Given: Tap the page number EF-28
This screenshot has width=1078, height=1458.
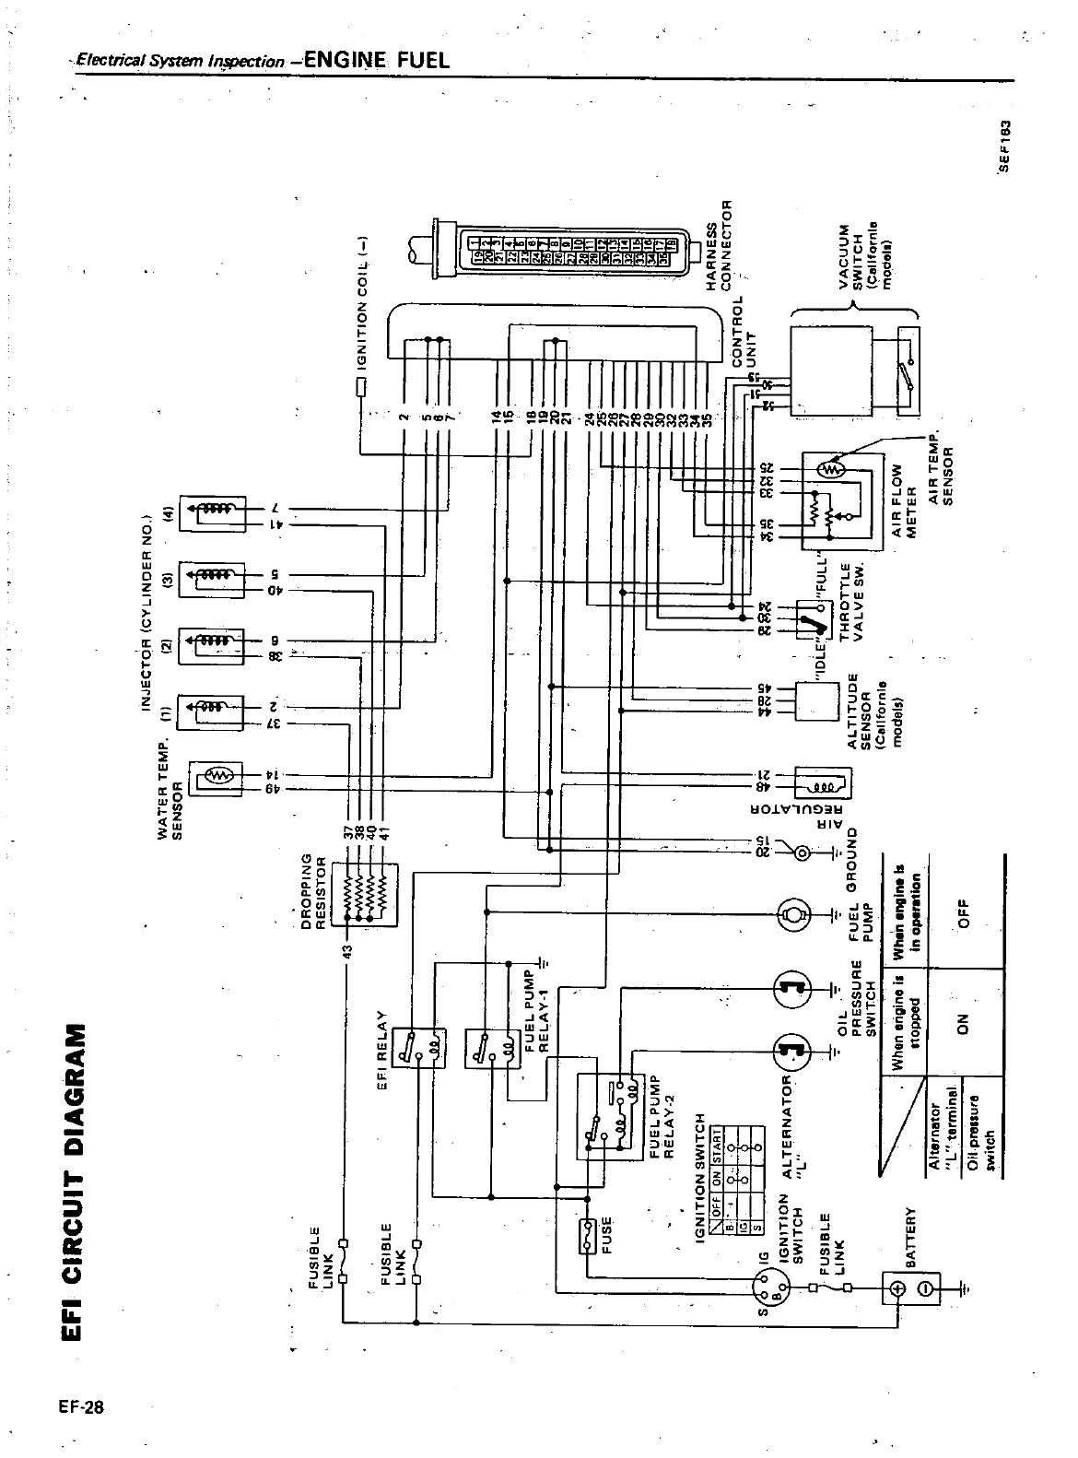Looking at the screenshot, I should (x=80, y=1407).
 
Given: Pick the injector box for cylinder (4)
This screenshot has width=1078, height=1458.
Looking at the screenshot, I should (x=212, y=513).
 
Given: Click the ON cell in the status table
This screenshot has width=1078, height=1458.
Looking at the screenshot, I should (x=964, y=1020).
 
